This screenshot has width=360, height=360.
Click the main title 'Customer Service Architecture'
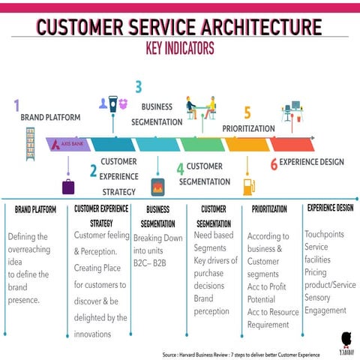(x=179, y=28)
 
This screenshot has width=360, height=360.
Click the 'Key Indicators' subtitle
(x=179, y=49)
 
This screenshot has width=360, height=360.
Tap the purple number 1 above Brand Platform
(x=16, y=106)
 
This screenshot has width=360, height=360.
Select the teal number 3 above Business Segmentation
(x=138, y=87)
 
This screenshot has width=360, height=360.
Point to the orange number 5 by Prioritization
(x=247, y=113)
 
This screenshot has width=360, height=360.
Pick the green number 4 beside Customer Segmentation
(x=180, y=169)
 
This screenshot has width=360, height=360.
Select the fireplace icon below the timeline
(x=157, y=187)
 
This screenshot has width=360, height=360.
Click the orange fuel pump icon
(x=247, y=185)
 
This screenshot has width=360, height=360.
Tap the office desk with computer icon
(x=292, y=111)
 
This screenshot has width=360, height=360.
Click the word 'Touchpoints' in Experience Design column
(x=324, y=234)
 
